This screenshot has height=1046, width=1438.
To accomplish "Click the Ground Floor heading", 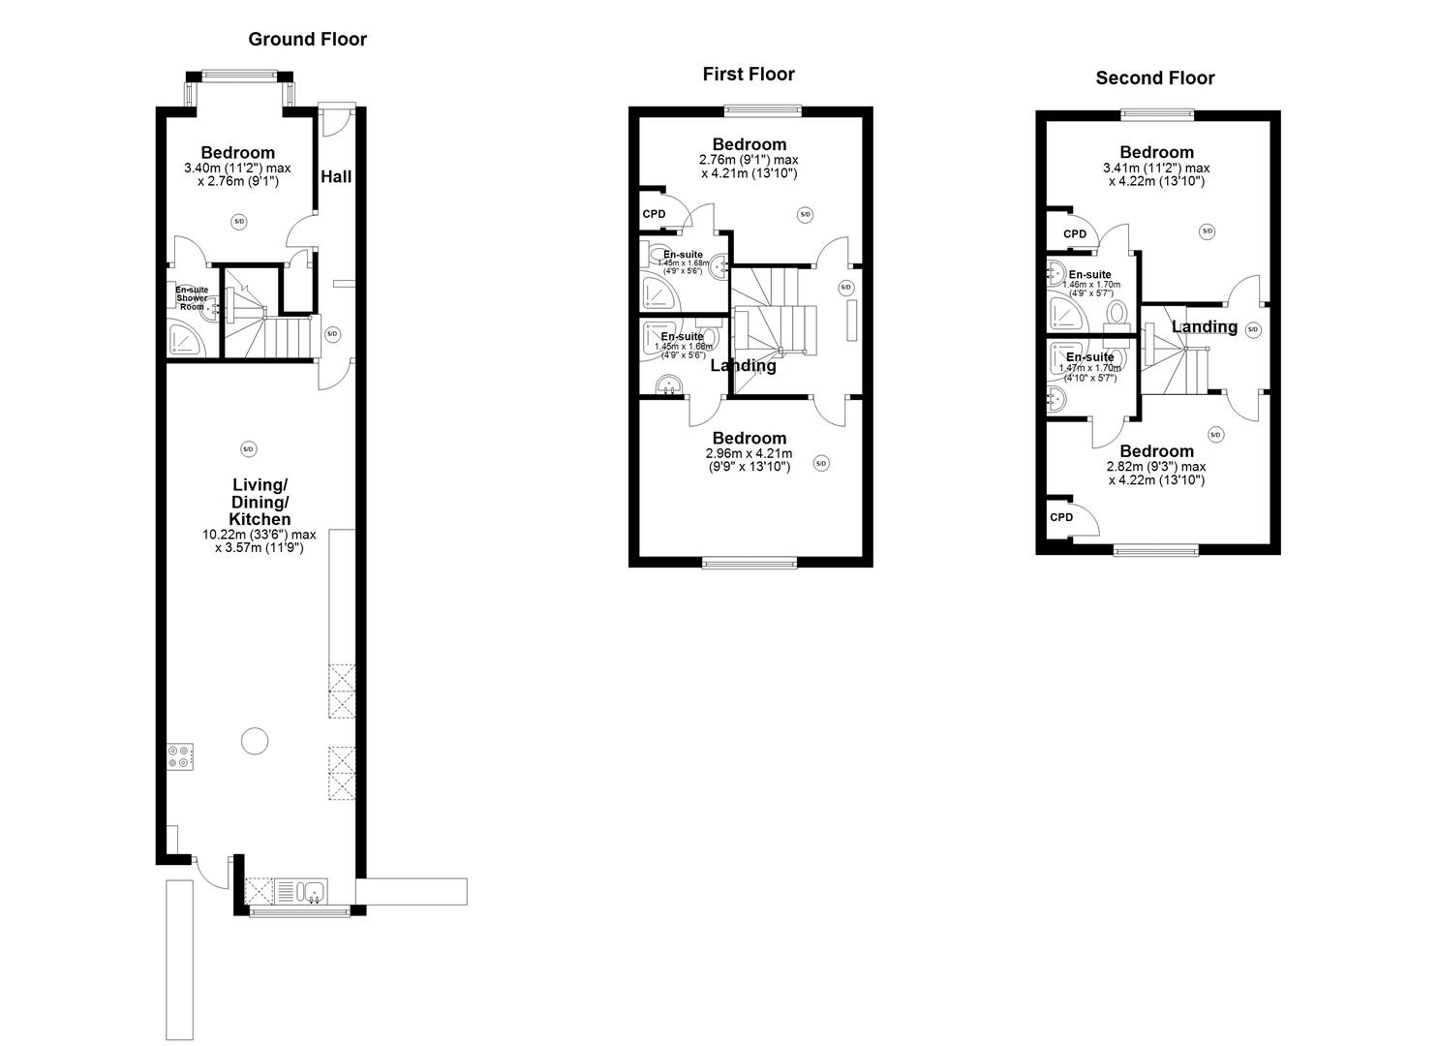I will point(307,40).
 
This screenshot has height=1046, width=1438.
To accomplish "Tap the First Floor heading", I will point(748,75).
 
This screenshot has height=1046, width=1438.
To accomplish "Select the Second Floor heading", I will point(1154,78).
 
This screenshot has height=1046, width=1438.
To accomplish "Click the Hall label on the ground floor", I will point(336,177).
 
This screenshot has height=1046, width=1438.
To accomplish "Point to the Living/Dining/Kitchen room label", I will point(260,502).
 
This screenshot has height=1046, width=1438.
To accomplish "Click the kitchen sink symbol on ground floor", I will point(300,890).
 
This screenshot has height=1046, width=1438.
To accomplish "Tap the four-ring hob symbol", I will point(179,755).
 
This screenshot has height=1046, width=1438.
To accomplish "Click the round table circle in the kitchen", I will point(255,741).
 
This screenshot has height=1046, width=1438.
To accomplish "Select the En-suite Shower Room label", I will point(191,297).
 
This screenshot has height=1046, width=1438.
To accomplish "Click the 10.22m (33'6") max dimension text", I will point(259,535).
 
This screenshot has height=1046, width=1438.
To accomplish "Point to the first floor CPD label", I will point(654,214).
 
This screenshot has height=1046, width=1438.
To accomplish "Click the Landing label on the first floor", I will point(743,366).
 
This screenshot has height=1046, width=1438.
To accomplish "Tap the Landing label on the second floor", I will point(1204,327).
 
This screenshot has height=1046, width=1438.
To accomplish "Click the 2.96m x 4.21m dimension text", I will point(749,453).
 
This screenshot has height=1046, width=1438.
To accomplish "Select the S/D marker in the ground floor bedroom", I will point(239,222).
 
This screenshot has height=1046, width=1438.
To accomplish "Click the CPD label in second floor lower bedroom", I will point(1061,517).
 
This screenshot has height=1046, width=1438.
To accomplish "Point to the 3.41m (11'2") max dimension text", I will point(1155,168).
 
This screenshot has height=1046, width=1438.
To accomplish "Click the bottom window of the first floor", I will point(750,562).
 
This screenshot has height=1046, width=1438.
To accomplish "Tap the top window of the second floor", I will point(1157,114).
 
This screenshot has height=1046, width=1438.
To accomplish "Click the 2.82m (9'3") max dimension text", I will point(1155,466).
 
